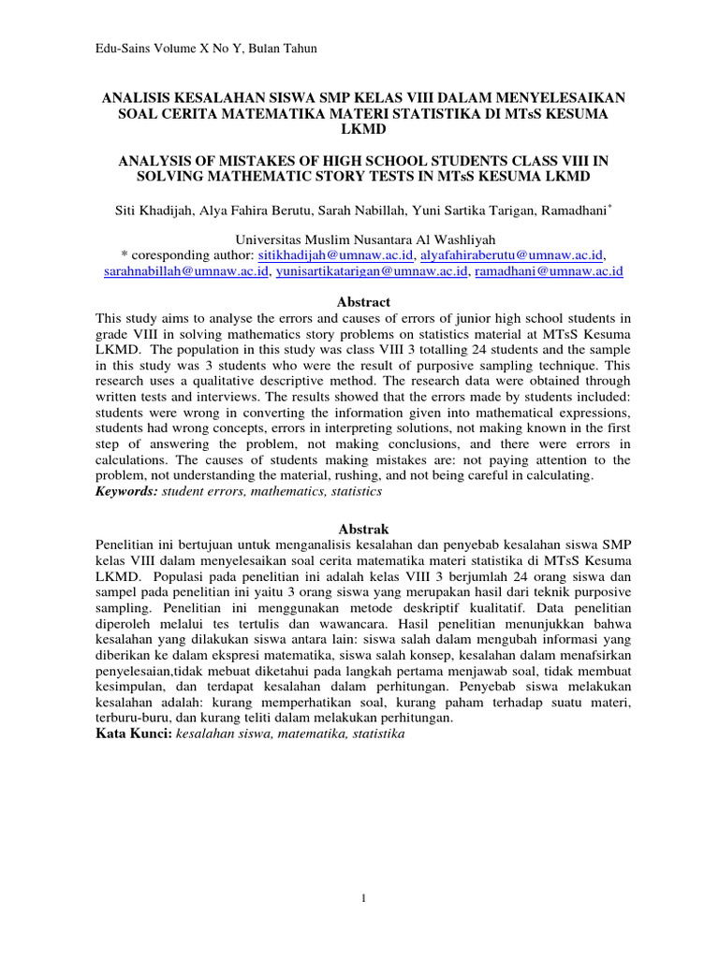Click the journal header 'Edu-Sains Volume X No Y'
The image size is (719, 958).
click(174, 49)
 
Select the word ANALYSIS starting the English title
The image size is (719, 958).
click(145, 160)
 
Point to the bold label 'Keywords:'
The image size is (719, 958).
click(126, 490)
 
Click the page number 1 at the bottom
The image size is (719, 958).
click(361, 899)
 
